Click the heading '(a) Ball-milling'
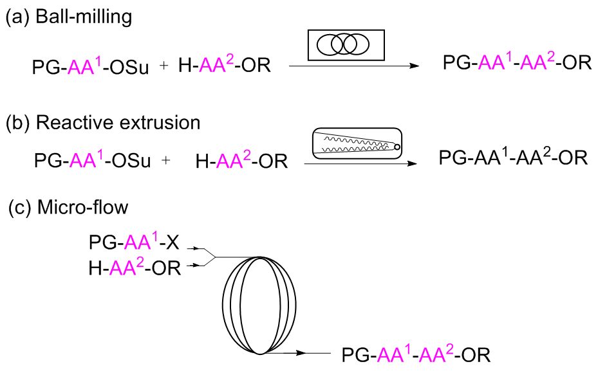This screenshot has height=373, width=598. (68, 17)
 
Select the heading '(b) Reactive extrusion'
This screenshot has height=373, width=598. (103, 122)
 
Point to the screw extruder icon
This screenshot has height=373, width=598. (356, 146)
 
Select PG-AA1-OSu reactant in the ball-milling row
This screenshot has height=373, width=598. (89, 66)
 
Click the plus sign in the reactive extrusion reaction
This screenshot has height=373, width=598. (166, 160)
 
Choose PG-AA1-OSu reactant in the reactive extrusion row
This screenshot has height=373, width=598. (93, 160)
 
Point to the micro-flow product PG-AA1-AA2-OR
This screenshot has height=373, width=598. (416, 355)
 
